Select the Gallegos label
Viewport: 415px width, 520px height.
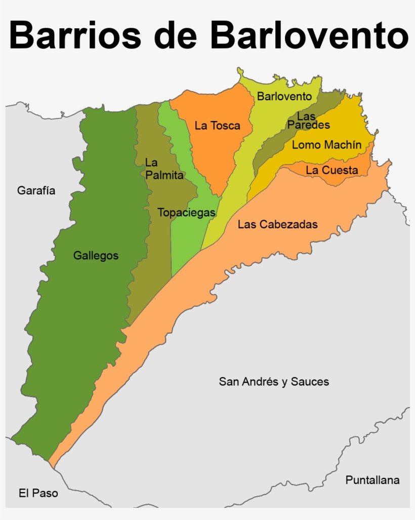pos(96,256)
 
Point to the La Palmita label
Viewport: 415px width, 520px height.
pos(163,169)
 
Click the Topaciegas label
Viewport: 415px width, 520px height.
pos(186,213)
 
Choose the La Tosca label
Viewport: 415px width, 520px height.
pos(217,126)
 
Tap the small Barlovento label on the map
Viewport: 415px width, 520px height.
pos(284,96)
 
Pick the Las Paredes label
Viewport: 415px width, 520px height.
pos(308,121)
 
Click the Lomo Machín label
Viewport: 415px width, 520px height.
pos(326,145)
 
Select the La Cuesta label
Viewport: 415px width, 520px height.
pos(331,170)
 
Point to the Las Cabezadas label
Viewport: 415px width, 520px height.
pos(277,224)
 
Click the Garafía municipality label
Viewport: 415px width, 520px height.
pos(36,191)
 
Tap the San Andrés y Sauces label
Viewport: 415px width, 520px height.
pos(273,382)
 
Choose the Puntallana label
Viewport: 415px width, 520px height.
pos(372,480)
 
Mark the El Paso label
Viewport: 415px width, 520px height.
pos(38,493)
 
